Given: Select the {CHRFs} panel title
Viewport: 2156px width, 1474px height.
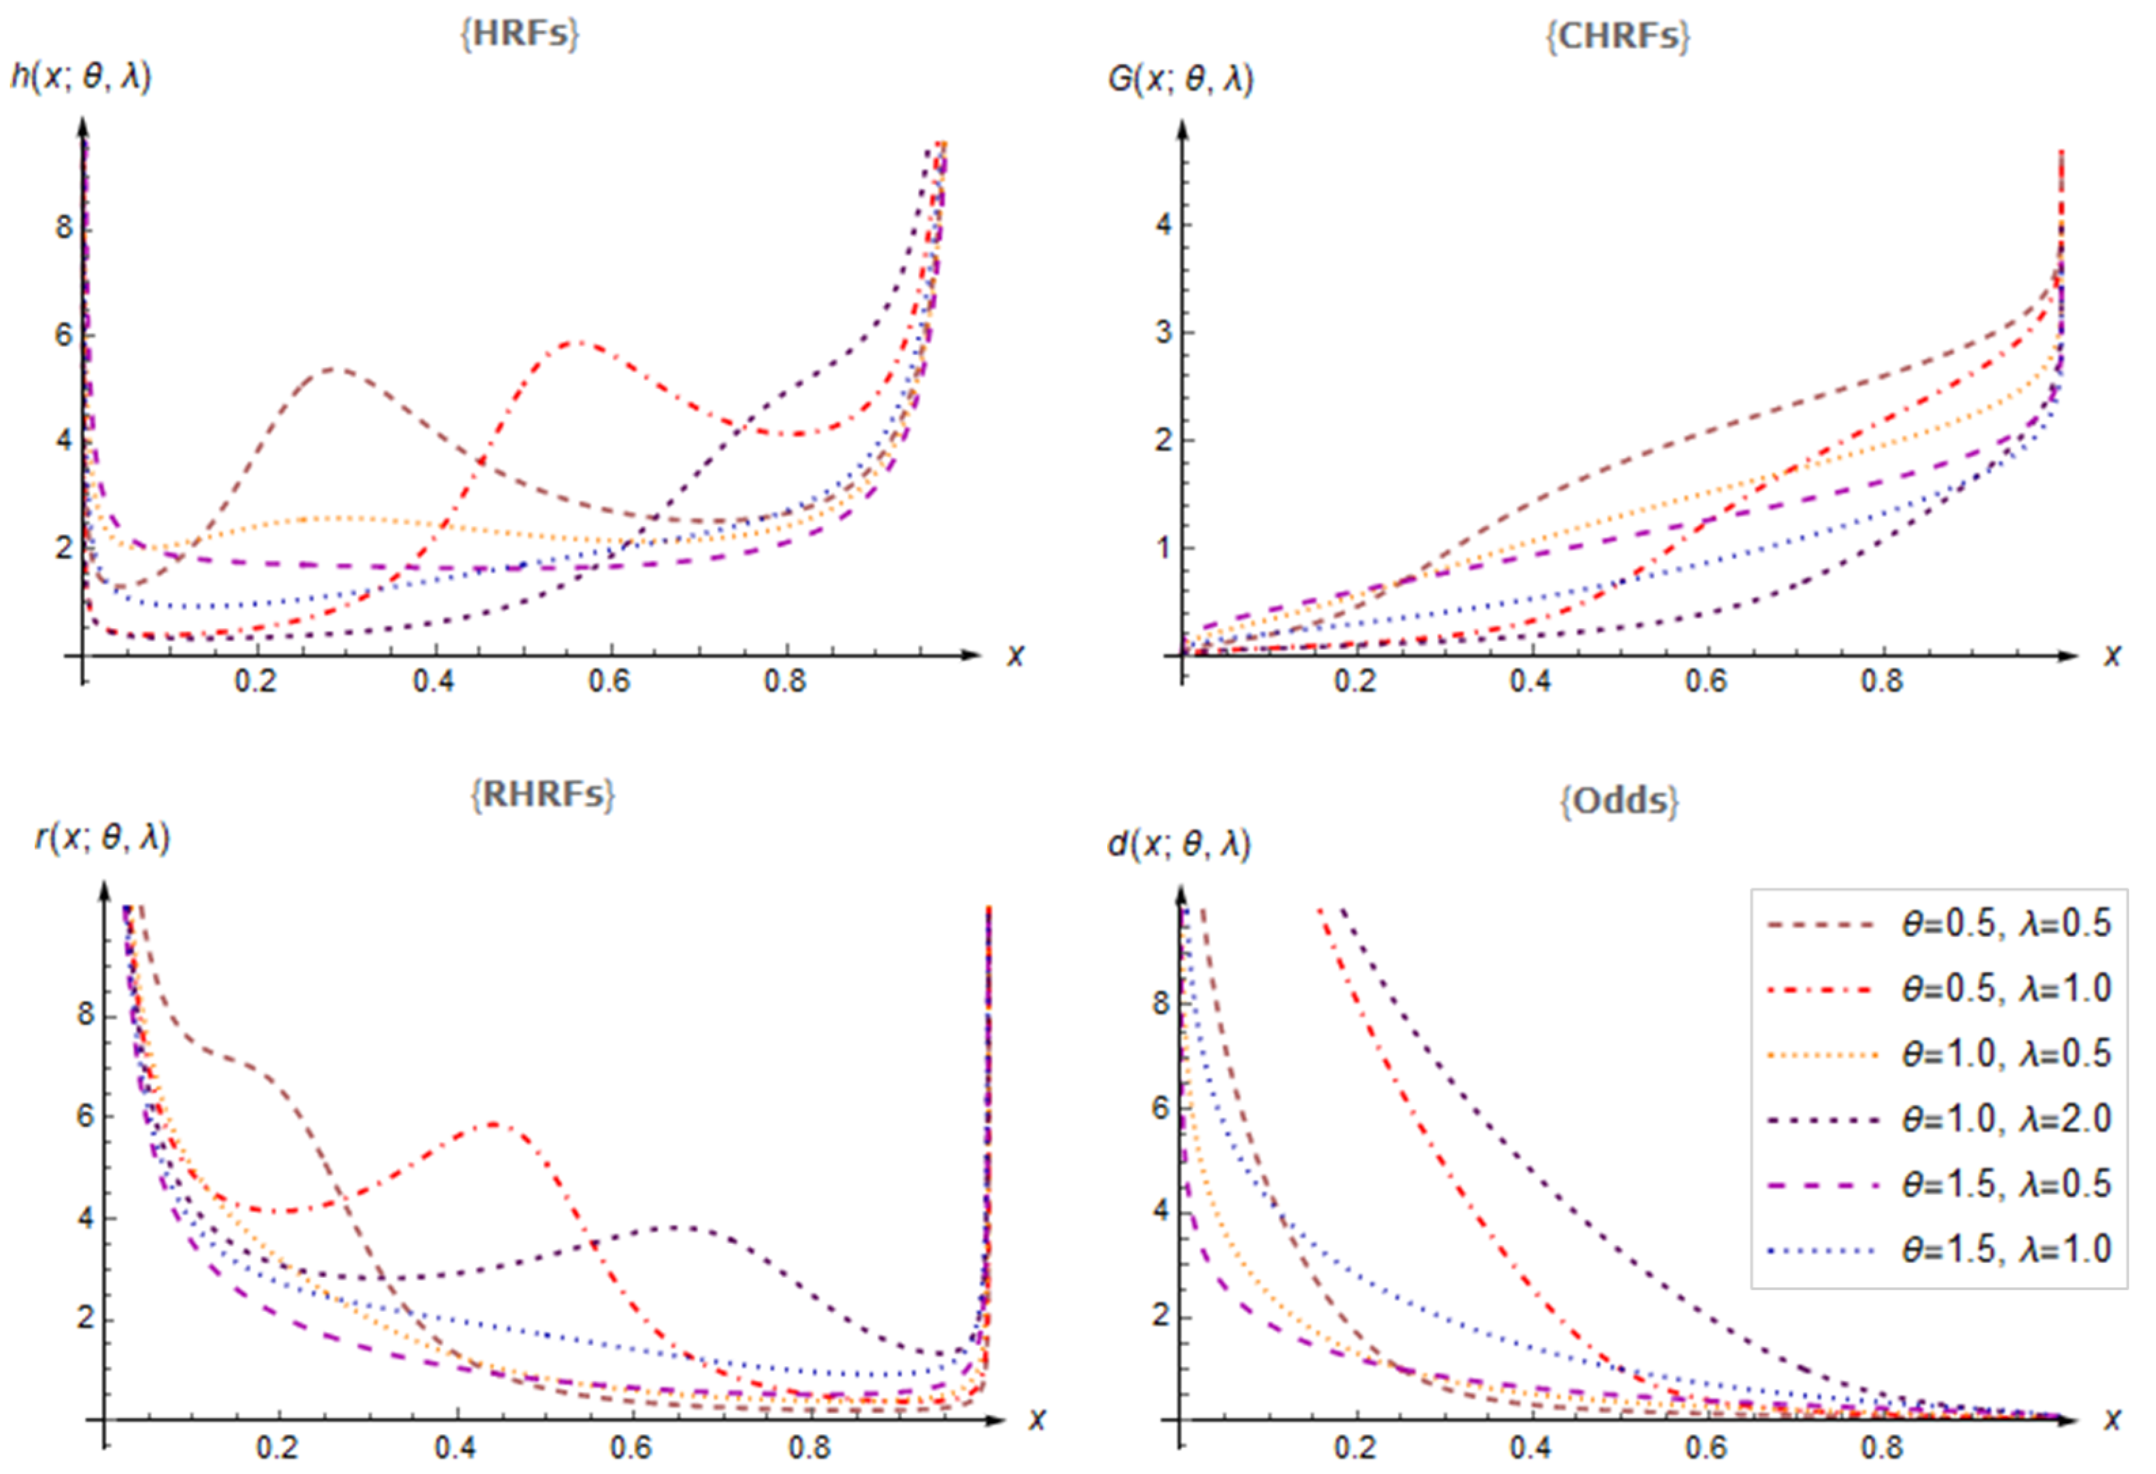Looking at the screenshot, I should [1617, 36].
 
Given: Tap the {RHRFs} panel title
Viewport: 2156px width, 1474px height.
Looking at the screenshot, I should [542, 795].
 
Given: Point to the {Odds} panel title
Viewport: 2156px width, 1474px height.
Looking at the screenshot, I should [1619, 799].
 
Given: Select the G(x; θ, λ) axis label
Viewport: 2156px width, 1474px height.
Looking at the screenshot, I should [1180, 79].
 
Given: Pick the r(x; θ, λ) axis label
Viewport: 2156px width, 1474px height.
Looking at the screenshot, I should [102, 839].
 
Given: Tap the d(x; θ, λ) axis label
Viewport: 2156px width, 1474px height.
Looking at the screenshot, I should [1179, 844].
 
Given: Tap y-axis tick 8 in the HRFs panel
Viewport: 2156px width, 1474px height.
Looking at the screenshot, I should [63, 227].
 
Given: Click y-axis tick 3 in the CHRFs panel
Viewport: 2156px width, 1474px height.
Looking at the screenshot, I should [1163, 332].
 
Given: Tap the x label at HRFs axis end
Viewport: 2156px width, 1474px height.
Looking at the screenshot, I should [1016, 656].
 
